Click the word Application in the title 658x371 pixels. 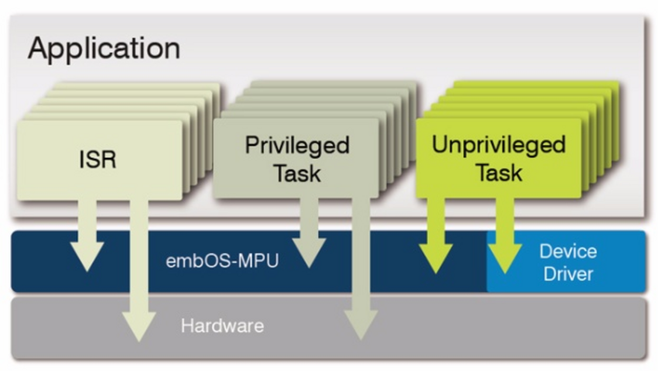(x=104, y=48)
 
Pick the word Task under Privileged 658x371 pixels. (x=296, y=173)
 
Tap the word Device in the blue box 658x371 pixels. (x=567, y=252)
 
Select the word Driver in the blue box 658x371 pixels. (x=567, y=273)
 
